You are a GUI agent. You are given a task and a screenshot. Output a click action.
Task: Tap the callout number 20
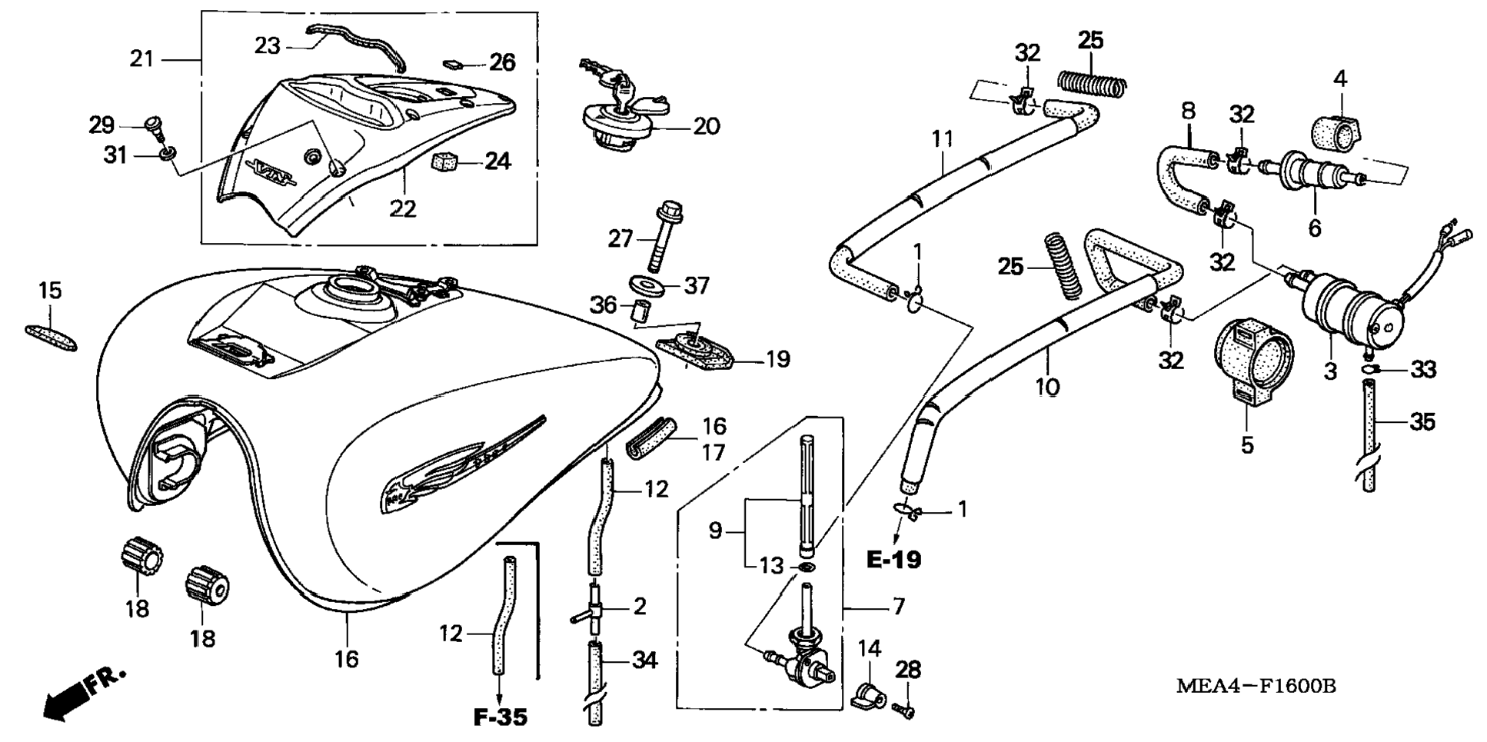pos(706,126)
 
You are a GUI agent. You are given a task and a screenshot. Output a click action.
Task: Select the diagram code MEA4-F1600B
pos(1256,686)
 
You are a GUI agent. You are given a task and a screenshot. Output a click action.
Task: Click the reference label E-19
pos(893,559)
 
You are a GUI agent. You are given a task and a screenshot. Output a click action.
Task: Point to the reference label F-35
pos(501,717)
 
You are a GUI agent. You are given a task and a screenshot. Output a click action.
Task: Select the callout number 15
pos(50,291)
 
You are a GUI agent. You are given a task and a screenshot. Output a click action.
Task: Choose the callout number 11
pos(942,139)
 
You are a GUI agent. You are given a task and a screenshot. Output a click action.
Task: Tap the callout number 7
pos(899,606)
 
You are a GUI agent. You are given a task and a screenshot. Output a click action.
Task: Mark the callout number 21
pos(142,58)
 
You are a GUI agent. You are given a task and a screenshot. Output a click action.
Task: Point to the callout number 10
pos(1047,387)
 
